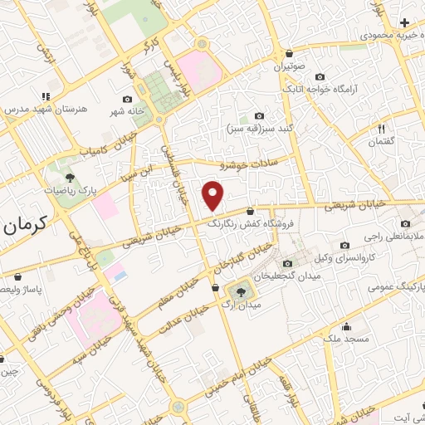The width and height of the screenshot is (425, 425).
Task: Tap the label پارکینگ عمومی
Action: click(x=396, y=285)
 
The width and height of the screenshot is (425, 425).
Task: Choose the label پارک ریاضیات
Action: click(x=70, y=190)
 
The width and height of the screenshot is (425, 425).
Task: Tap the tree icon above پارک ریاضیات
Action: click(x=70, y=176)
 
